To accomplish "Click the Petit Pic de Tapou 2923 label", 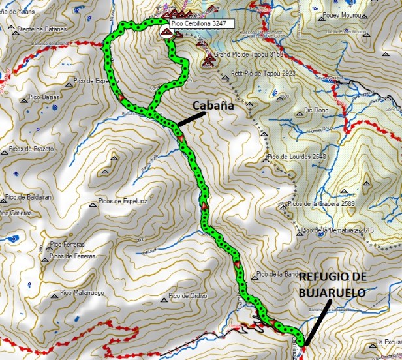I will pos(258,73).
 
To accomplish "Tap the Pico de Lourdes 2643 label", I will pos(297,157).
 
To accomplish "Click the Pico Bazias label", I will pos(43,96).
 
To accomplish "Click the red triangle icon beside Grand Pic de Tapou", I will pos(209,61).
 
